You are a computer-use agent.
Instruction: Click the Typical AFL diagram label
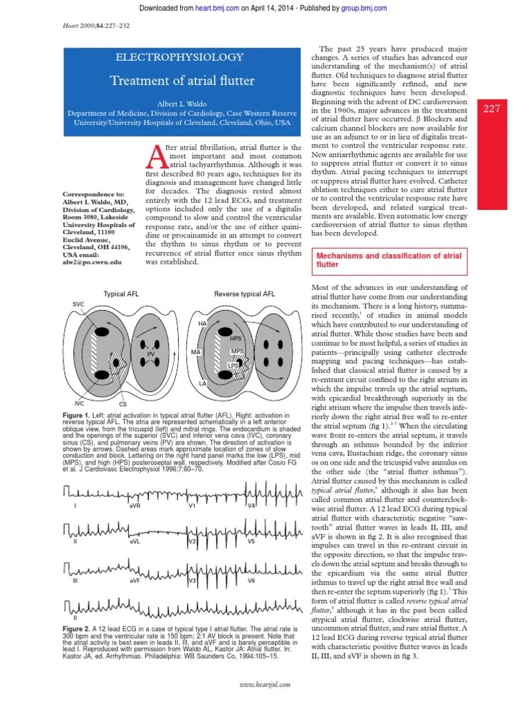[x=120, y=294]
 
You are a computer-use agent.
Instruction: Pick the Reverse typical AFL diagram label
[x=244, y=294]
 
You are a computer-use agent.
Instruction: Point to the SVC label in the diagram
[x=78, y=304]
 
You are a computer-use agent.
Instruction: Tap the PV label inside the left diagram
[x=151, y=354]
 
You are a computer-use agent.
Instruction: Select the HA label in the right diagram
[x=202, y=323]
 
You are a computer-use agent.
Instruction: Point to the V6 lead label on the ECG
[x=251, y=581]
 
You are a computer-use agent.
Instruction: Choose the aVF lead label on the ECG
[x=135, y=581]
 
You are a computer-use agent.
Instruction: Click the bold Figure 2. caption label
[x=81, y=630]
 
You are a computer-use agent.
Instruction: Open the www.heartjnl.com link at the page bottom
[x=265, y=683]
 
